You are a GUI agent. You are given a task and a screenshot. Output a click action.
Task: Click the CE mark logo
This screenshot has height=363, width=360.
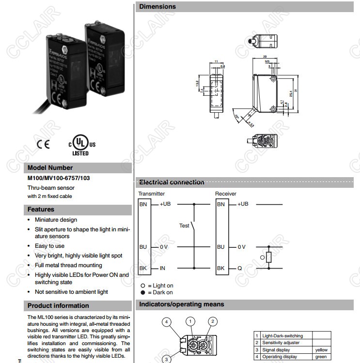43,144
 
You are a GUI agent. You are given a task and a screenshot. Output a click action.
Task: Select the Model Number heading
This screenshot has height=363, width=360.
50,167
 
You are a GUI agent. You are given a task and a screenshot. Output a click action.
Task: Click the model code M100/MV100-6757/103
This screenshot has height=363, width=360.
58,178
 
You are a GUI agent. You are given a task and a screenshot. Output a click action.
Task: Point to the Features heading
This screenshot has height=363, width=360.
41,210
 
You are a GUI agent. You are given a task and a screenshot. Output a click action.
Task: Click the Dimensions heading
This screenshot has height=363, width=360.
157,7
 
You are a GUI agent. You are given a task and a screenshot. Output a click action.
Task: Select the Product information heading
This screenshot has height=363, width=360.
58,305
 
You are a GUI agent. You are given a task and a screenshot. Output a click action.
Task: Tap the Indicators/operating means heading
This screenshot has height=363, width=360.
182,304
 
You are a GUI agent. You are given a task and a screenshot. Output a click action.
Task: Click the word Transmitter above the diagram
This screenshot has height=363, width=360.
152,194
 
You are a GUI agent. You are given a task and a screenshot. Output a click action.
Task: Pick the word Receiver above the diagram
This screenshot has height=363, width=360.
226,194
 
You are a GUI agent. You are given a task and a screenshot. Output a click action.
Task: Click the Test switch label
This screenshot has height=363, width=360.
184,226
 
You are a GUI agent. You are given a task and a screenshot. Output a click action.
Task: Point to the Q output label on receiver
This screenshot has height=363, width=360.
239,268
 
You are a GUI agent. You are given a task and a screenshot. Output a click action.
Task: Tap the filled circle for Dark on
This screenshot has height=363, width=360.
143,292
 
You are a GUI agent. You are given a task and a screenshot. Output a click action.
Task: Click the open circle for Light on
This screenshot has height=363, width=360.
143,286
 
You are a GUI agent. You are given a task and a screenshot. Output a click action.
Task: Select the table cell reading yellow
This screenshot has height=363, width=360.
321,349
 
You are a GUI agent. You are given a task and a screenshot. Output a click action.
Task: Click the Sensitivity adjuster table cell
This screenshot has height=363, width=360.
281,343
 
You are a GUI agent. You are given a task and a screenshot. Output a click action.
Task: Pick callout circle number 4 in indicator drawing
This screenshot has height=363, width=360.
166,322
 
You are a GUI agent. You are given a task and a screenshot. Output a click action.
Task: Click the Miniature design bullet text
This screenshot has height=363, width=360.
56,220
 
